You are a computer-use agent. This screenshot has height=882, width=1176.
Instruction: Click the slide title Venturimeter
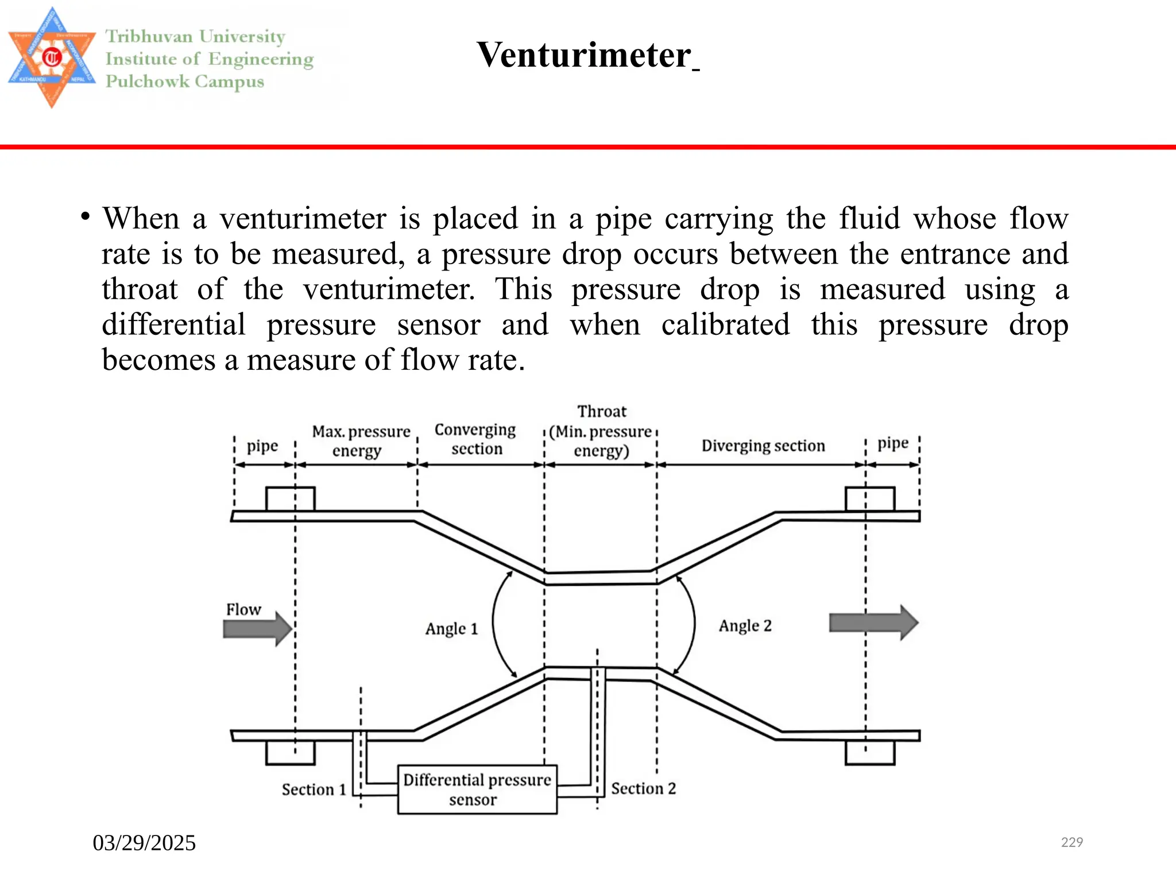[x=584, y=56]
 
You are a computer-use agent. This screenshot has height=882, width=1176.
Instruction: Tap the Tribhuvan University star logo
[x=52, y=57]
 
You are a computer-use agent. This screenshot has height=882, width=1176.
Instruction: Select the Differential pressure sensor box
[x=477, y=790]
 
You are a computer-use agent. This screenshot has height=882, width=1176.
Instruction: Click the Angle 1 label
[x=451, y=629]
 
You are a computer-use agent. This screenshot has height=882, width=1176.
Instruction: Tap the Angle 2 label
[x=745, y=625]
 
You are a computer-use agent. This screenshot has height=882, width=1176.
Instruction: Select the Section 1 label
[x=314, y=790]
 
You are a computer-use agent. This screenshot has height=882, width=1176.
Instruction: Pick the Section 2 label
[x=643, y=788]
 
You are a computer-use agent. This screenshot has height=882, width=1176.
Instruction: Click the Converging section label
[x=475, y=439]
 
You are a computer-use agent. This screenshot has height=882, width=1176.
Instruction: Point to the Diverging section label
[x=763, y=446]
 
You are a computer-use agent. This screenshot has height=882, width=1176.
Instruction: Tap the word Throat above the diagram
[x=602, y=412]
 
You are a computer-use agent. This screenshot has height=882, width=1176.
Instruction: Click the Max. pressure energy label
[x=361, y=441]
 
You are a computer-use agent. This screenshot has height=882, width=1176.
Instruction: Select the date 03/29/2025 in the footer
[x=144, y=843]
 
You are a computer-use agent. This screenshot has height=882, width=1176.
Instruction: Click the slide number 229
[x=1071, y=842]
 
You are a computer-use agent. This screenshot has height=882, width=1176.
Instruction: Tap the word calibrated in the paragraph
[x=725, y=325]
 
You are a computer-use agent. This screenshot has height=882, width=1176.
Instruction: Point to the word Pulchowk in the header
[x=147, y=82]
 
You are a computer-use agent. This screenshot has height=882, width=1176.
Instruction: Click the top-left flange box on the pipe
[x=290, y=499]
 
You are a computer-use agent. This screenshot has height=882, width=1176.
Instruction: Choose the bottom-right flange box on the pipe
[x=870, y=753]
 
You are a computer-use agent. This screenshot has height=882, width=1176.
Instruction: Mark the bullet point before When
[x=86, y=217]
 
